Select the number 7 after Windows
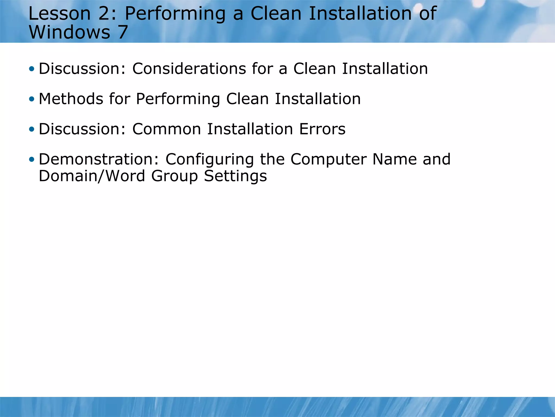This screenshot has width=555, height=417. [122, 32]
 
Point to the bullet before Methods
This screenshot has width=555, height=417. [32, 99]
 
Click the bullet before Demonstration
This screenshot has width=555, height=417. [32, 159]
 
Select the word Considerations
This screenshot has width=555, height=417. [189, 69]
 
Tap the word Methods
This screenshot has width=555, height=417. [71, 99]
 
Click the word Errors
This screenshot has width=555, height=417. [322, 129]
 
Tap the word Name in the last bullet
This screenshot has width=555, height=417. [394, 159]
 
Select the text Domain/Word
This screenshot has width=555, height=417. [92, 176]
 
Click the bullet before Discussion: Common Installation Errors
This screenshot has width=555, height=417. [32, 129]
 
